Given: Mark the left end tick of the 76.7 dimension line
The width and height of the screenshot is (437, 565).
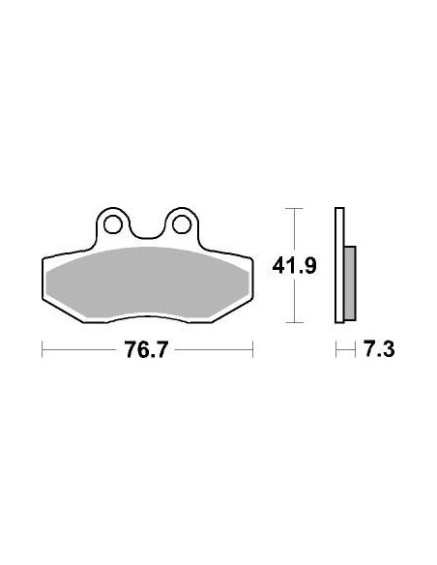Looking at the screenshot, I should point(42,348).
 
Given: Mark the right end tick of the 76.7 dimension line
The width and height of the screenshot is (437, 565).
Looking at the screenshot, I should point(252,348).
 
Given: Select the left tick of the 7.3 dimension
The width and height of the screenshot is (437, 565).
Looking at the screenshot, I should point(335,348).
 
